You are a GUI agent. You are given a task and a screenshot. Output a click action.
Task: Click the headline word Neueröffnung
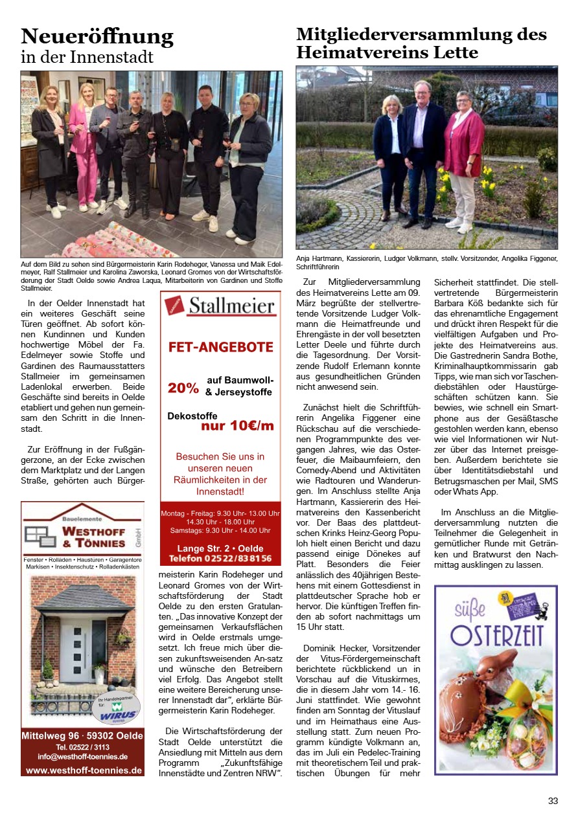click(97, 36)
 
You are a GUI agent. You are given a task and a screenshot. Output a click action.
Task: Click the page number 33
click(553, 801)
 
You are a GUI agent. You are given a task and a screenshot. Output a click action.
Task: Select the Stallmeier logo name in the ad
click(231, 306)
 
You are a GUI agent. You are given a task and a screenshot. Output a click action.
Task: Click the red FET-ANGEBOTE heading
click(221, 347)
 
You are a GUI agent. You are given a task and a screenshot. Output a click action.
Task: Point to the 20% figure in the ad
click(183, 388)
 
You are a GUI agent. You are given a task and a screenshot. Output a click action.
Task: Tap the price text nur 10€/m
click(237, 426)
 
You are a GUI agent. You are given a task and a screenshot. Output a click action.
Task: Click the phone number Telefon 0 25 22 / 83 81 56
click(220, 558)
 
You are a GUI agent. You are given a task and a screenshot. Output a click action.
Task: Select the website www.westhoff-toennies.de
click(83, 770)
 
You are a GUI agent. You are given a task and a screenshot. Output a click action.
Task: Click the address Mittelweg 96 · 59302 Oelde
click(83, 735)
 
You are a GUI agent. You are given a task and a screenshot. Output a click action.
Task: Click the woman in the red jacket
click(463, 159)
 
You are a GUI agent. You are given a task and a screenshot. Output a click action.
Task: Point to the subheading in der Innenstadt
click(87, 57)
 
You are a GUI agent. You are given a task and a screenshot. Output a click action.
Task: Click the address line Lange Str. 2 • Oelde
click(220, 548)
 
